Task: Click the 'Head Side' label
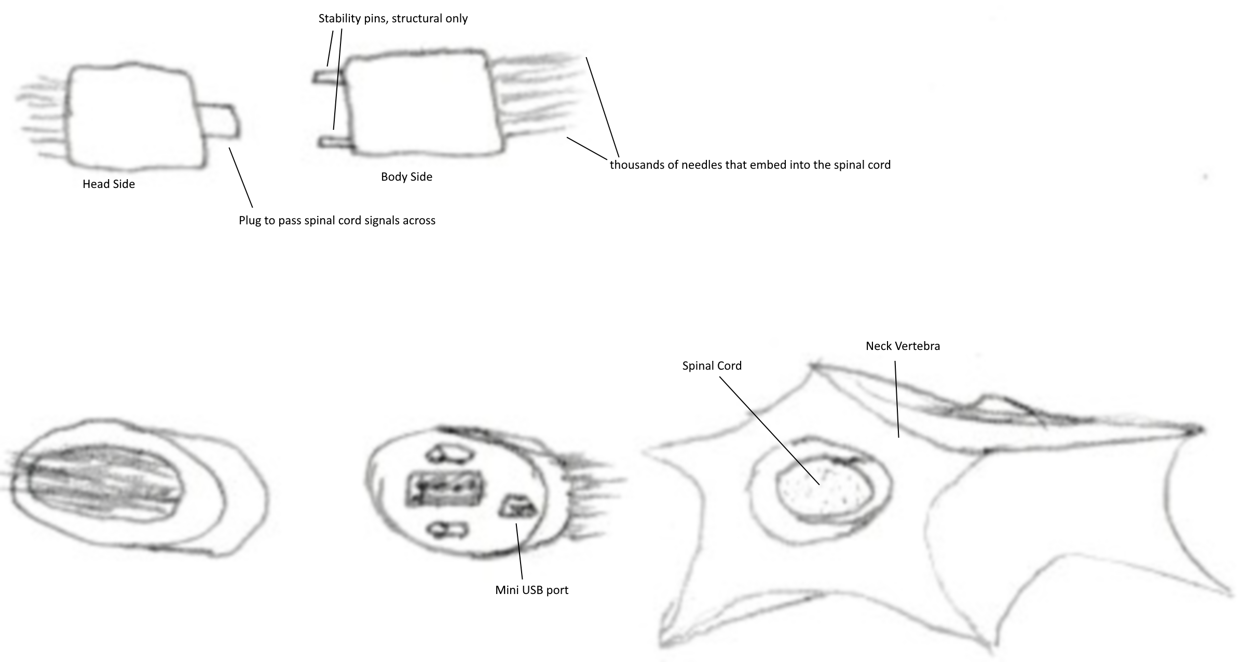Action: (108, 184)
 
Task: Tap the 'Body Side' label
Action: (406, 177)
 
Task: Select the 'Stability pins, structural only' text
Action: (393, 19)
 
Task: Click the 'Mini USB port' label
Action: (531, 590)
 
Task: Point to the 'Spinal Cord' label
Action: (712, 366)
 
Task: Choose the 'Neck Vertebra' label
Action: (903, 346)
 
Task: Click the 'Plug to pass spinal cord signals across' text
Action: (337, 221)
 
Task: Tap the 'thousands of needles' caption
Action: (750, 165)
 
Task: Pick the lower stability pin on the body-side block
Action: (335, 142)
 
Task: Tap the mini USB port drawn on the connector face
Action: (517, 506)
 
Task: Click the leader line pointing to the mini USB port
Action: (519, 551)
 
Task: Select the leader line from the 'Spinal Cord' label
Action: (770, 431)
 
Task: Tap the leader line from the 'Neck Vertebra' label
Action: (897, 399)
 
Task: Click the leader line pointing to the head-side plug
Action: (241, 178)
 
